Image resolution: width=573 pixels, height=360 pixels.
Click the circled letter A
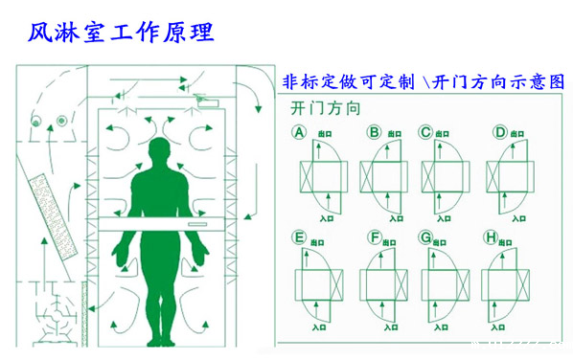point(299,132)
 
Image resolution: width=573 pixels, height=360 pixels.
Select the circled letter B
point(374,132)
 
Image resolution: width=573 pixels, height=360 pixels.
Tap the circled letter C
point(424,132)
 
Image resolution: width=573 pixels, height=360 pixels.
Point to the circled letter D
point(499,132)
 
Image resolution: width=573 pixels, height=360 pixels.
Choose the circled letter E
point(299,236)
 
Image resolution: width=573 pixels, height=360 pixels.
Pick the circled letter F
point(374,236)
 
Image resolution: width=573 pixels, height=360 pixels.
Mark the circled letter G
point(424,236)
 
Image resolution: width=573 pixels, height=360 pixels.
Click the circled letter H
point(492,236)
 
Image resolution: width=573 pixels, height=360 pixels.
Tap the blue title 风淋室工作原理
point(120,31)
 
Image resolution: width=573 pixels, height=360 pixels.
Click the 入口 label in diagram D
point(519,216)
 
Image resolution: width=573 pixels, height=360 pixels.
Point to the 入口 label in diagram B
point(392,216)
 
